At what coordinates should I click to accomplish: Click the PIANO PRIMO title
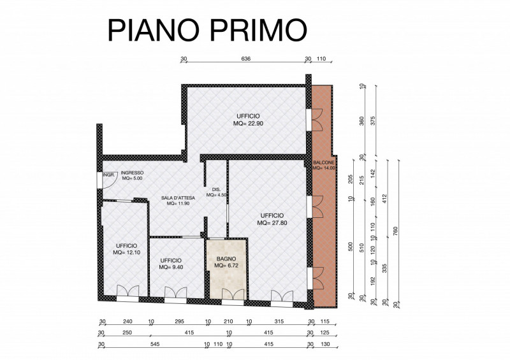207,30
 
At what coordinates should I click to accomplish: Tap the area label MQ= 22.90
248,124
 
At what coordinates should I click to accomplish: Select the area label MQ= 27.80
272,223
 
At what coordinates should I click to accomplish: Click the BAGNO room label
226,259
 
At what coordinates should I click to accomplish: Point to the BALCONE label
324,162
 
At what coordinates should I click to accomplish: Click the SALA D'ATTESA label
178,198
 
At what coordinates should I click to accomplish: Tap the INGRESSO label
132,173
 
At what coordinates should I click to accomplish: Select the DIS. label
216,190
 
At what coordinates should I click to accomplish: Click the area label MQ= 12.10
126,252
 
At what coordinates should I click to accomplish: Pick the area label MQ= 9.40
171,267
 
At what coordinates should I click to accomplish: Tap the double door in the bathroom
233,294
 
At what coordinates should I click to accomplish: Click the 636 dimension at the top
246,59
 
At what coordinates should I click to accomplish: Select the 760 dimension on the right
395,232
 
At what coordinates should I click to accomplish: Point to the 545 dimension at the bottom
155,344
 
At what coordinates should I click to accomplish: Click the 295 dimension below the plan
179,321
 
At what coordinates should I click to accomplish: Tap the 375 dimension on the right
373,120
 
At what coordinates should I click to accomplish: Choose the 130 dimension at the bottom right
325,344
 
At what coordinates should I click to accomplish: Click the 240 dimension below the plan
127,321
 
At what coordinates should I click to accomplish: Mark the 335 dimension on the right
384,268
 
